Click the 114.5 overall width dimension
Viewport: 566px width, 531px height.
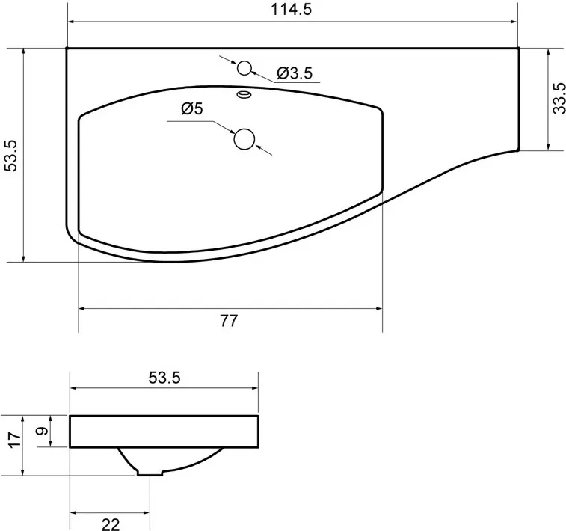point(291,10)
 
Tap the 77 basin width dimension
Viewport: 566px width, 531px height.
point(230,321)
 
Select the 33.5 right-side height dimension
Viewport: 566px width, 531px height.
point(559,98)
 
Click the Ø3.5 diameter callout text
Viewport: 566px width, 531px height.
point(295,73)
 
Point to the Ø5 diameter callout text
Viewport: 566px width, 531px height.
point(192,108)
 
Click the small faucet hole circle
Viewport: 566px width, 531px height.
point(244,67)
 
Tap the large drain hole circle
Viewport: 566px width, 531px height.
point(244,139)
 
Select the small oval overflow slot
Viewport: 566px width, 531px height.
point(244,94)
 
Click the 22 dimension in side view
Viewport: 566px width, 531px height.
point(111,524)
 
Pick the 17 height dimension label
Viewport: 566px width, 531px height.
point(15,439)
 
